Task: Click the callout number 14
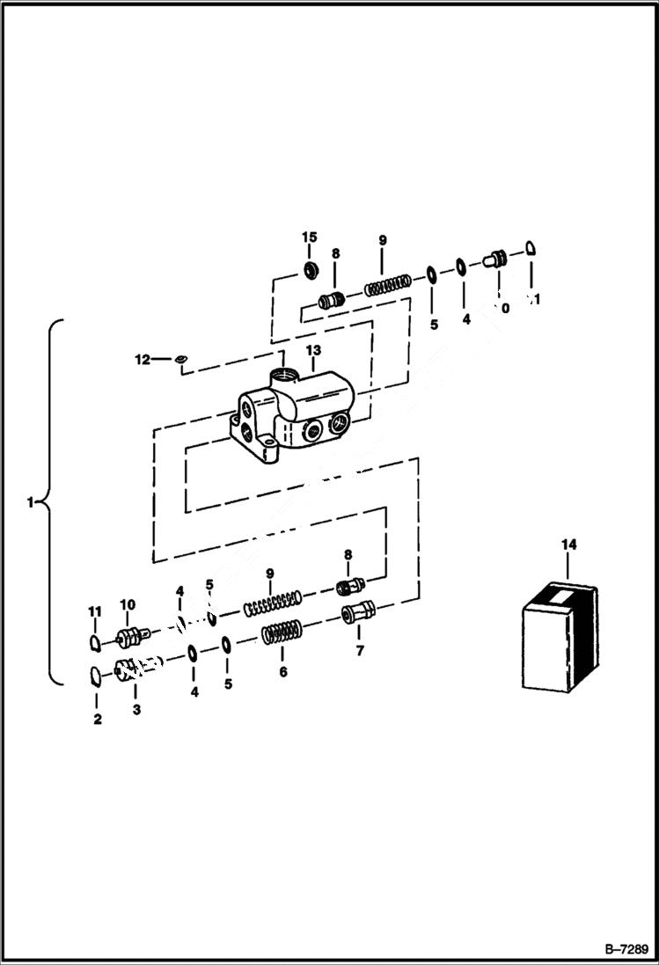click(568, 545)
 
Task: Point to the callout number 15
click(309, 238)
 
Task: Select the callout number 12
click(143, 359)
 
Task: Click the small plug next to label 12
click(179, 358)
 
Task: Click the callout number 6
click(282, 672)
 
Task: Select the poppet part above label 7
click(359, 611)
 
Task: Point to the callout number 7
click(358, 651)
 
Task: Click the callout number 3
click(135, 709)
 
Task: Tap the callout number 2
click(97, 719)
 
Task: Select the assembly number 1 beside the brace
click(32, 503)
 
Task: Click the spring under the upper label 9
click(387, 285)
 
